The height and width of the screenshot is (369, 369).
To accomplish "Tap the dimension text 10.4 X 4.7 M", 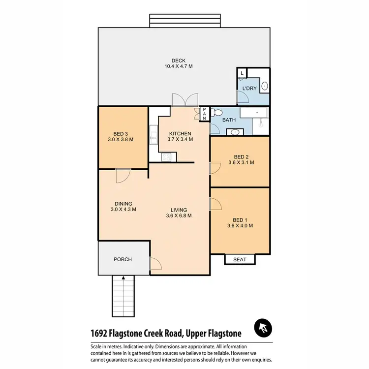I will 178,66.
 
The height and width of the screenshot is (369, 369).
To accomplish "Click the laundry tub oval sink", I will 264,86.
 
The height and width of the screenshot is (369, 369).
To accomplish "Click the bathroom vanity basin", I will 235,131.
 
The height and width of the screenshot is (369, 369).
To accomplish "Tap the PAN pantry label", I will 205,114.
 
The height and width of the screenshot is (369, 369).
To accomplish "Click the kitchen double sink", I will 166,157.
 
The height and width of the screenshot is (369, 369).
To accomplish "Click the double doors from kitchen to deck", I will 185,100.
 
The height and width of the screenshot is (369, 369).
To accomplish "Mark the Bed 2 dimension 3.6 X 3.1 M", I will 241,163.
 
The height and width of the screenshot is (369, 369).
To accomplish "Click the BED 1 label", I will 241,220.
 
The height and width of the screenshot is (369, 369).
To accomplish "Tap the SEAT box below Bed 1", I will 240,259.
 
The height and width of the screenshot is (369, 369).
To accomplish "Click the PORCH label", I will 123,259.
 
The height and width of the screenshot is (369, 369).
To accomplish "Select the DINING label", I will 123,204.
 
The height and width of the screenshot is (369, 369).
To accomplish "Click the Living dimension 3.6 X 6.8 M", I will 179,215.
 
